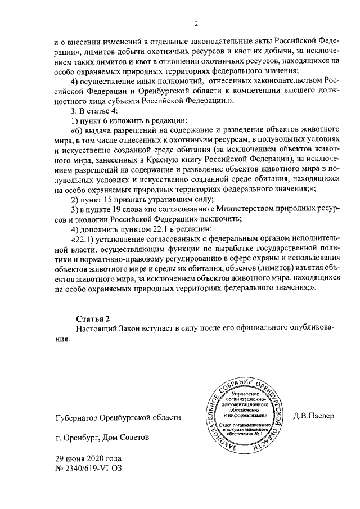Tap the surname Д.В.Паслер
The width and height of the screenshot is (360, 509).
pos(313,417)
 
